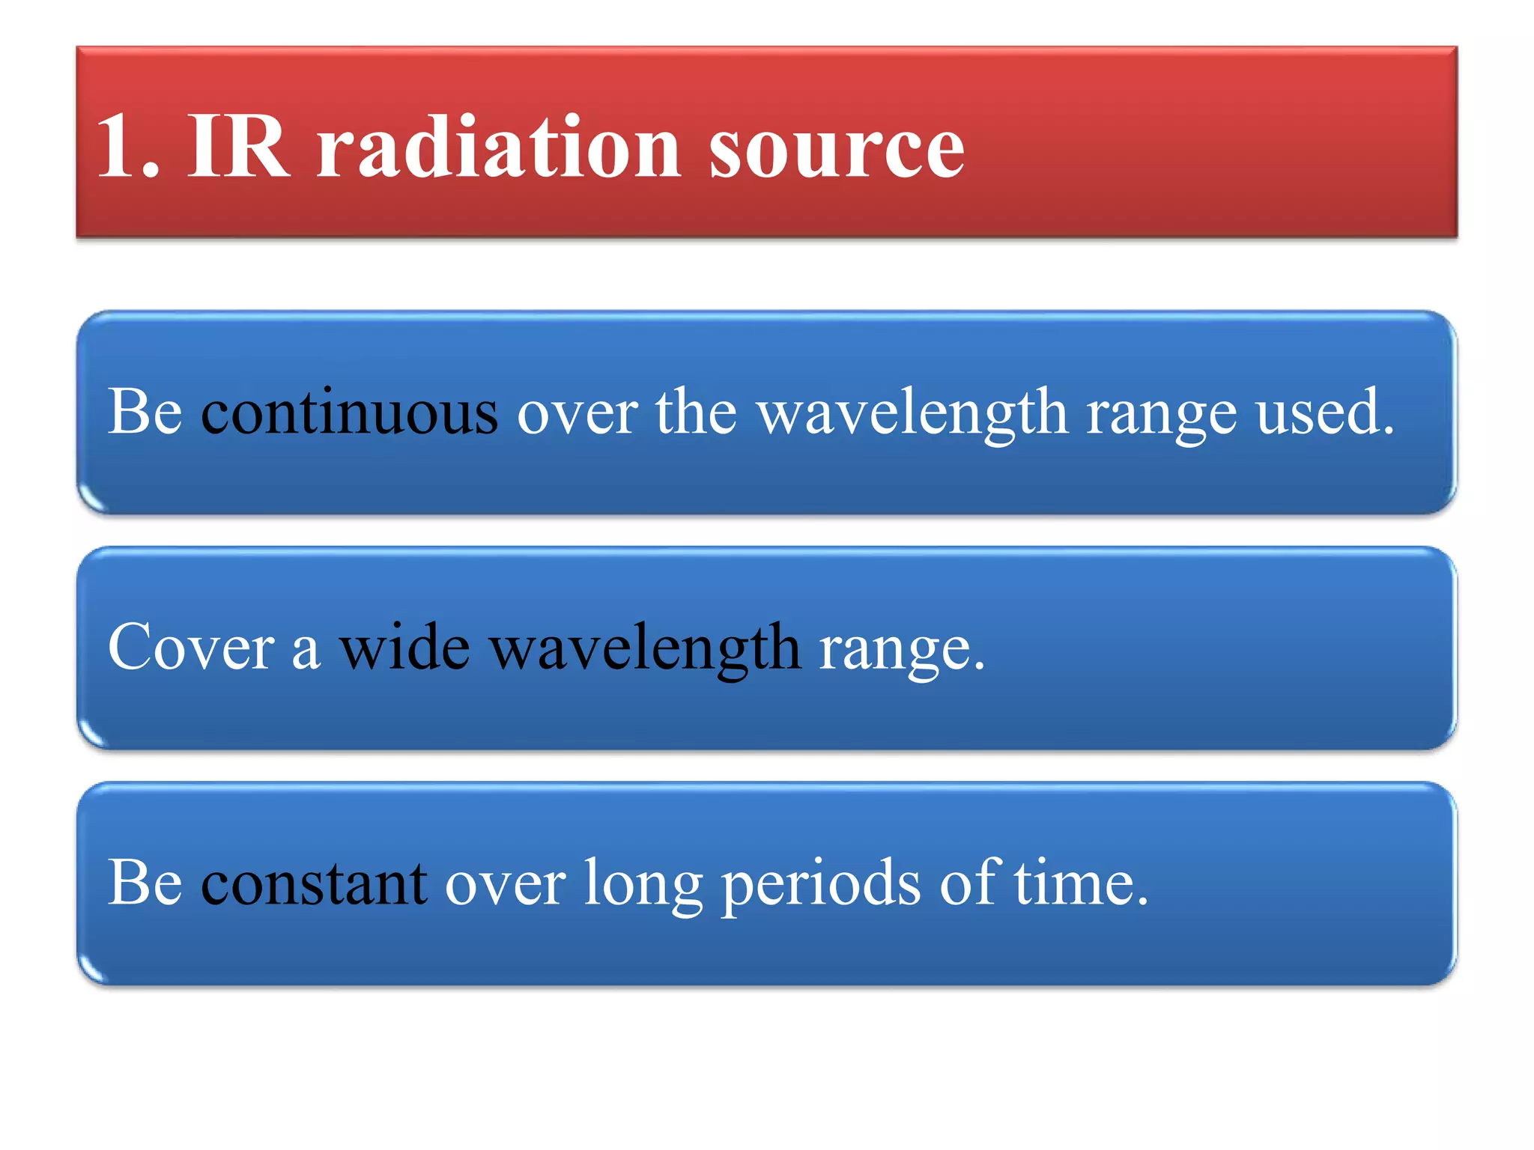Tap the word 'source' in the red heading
pyautogui.click(x=836, y=147)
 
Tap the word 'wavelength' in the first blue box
pyautogui.click(x=912, y=413)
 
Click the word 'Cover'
pyautogui.click(x=191, y=648)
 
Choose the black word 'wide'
pyautogui.click(x=404, y=648)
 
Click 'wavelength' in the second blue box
pyautogui.click(x=645, y=649)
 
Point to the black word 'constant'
pyautogui.click(x=314, y=883)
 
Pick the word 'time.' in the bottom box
pyautogui.click(x=1081, y=883)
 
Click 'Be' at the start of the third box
pyautogui.click(x=145, y=883)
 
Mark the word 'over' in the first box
pyautogui.click(x=577, y=414)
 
